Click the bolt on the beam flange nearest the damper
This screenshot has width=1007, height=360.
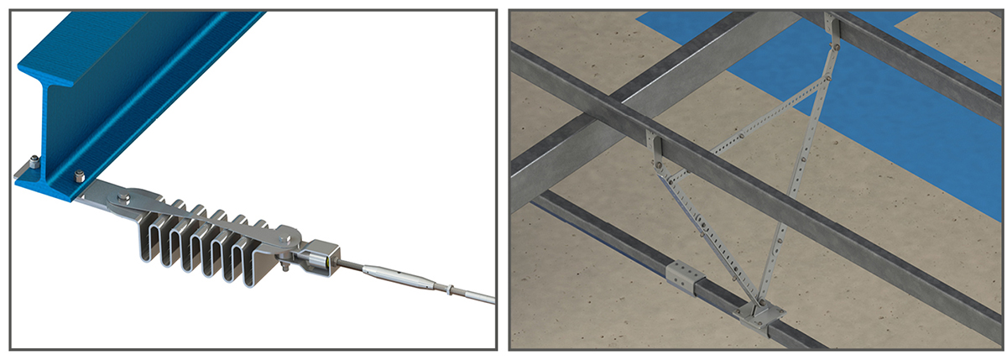80,176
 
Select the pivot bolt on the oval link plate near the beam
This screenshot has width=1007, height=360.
124,198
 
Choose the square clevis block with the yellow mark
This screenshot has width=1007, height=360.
321,255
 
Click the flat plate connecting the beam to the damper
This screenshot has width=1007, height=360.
101,193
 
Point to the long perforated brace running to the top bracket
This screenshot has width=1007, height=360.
797,168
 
